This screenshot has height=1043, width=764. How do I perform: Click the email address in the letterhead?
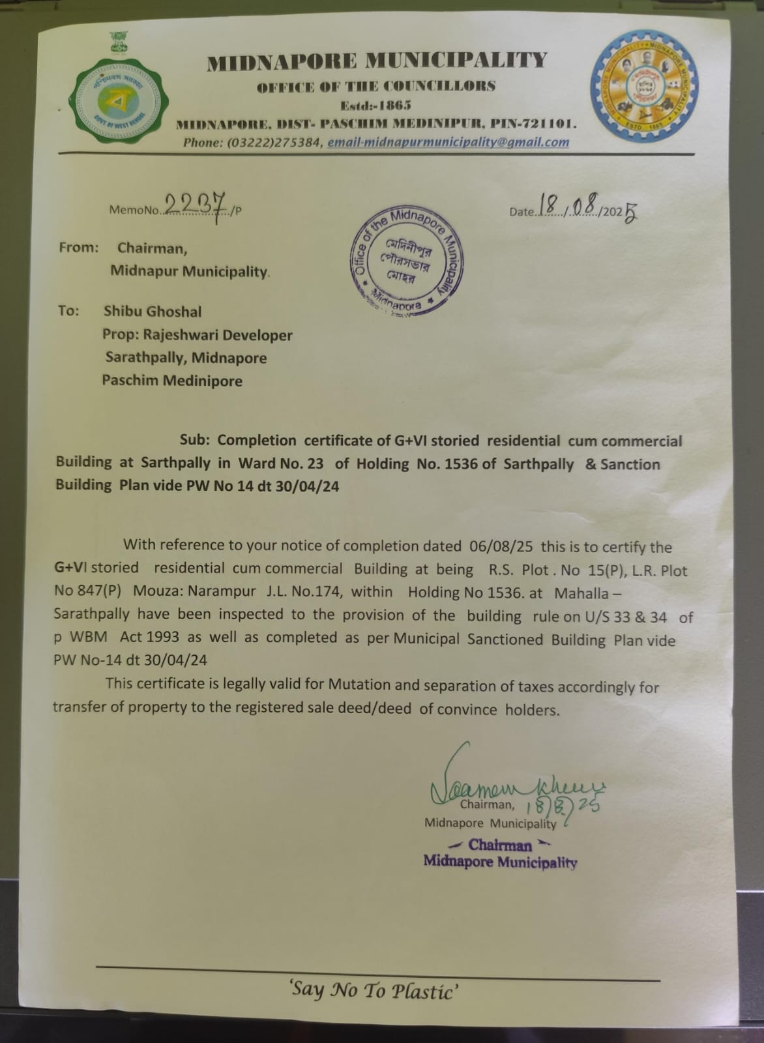[x=448, y=142]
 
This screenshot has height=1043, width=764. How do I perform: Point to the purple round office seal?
[x=406, y=261]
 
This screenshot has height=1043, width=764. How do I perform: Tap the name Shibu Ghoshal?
[x=153, y=312]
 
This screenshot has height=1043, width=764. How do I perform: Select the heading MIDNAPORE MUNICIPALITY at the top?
[x=377, y=61]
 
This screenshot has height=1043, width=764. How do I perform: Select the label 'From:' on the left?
[x=79, y=248]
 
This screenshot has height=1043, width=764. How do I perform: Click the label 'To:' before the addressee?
[x=68, y=310]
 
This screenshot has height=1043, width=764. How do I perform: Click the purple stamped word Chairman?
[x=500, y=845]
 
